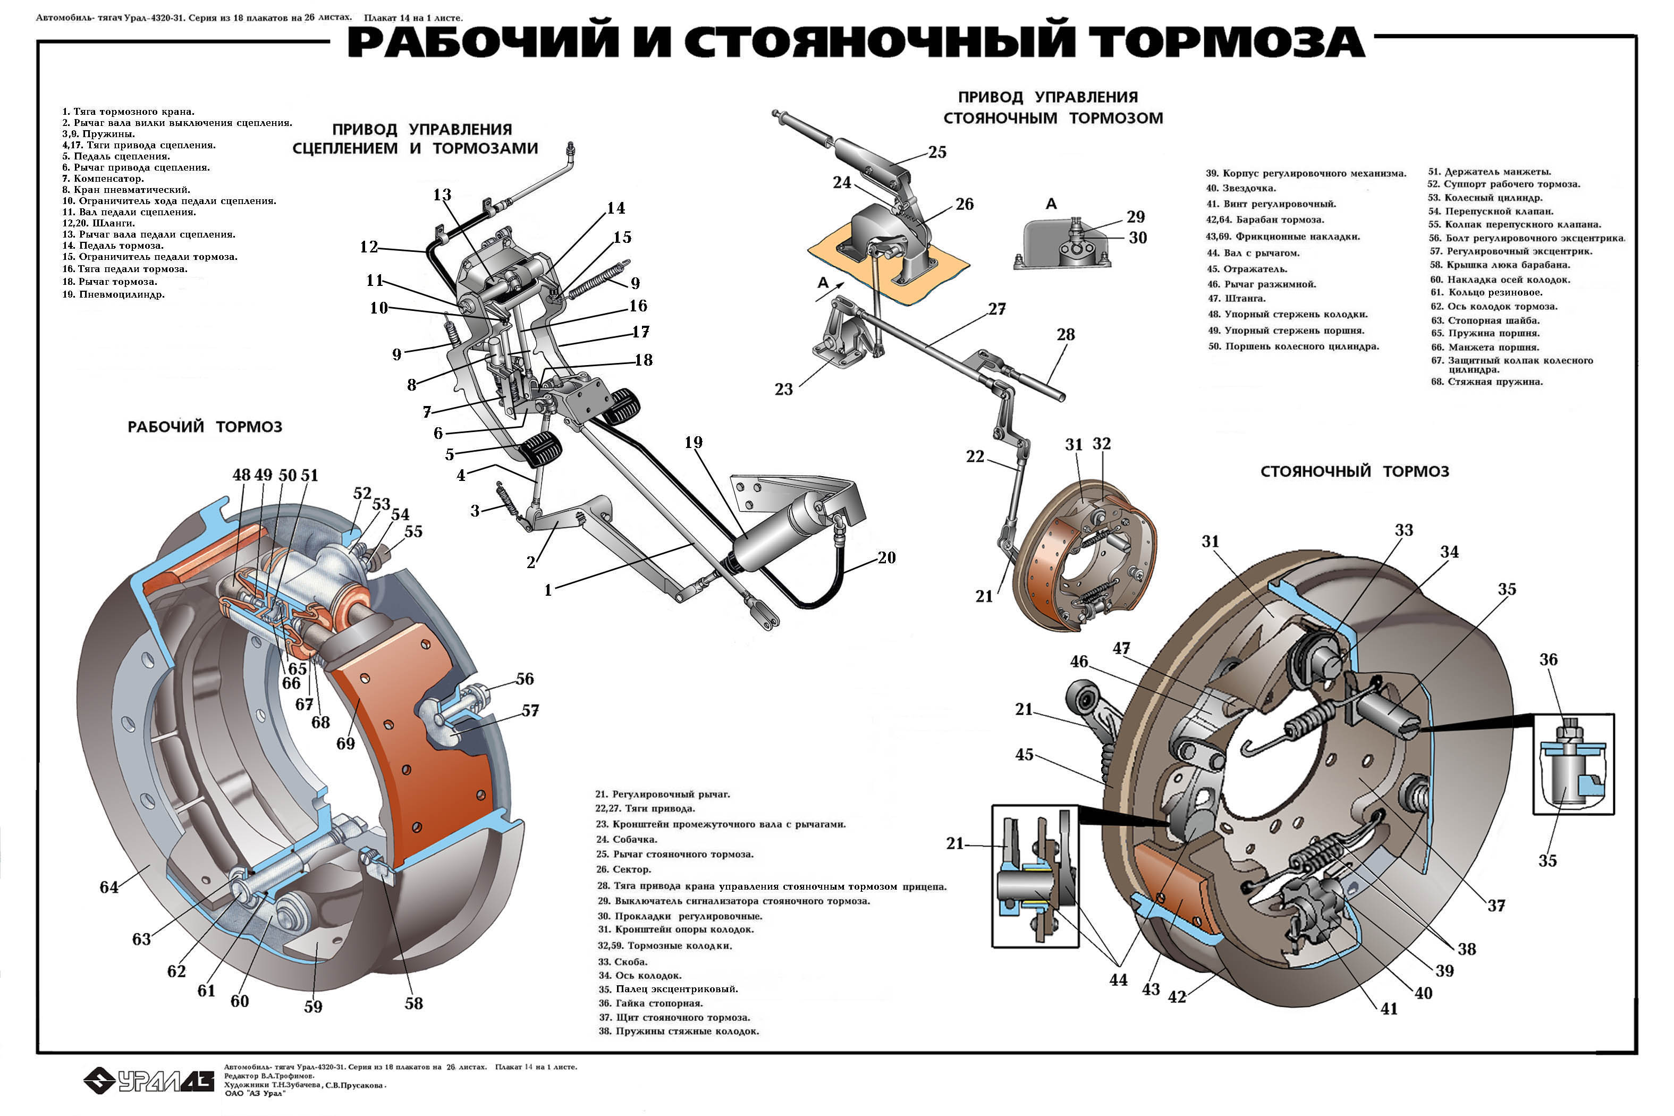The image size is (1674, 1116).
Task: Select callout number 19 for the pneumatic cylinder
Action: click(693, 443)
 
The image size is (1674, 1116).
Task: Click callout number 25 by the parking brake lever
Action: click(937, 151)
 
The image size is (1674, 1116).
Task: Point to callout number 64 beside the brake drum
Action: click(109, 887)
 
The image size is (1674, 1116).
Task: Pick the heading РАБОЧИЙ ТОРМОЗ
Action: click(205, 427)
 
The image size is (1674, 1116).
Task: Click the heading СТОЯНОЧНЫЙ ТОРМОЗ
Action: click(1355, 471)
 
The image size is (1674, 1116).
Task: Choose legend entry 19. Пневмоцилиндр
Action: click(114, 294)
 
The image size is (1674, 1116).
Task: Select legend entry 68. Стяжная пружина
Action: click(1487, 382)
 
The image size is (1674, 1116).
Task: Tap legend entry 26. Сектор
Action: click(624, 869)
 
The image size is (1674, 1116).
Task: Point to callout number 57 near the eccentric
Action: click(530, 711)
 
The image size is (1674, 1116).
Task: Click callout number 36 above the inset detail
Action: click(1549, 660)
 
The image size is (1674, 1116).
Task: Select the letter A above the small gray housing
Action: click(1051, 204)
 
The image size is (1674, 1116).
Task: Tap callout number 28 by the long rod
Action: click(1066, 334)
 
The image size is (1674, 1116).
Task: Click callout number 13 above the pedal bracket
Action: click(442, 195)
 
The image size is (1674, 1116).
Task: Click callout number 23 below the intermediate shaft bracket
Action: click(784, 390)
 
